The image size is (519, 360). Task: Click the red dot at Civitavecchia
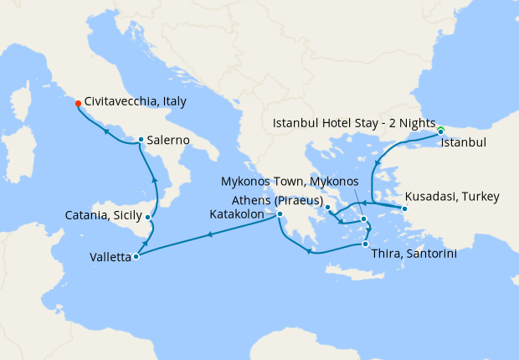(x=78, y=104)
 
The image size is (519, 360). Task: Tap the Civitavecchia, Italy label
(x=135, y=100)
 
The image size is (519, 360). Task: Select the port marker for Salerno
(x=141, y=140)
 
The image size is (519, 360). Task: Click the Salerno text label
(x=167, y=140)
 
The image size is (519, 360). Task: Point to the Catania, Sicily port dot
(x=148, y=218)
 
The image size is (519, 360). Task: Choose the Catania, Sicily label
(x=104, y=216)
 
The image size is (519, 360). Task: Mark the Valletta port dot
(x=136, y=256)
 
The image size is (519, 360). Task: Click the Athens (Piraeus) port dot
(x=328, y=208)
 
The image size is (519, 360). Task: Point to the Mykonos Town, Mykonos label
(x=290, y=182)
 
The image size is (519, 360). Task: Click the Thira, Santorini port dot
(x=365, y=244)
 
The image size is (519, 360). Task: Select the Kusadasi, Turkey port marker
(x=404, y=208)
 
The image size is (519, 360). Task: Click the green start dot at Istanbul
(x=440, y=130)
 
